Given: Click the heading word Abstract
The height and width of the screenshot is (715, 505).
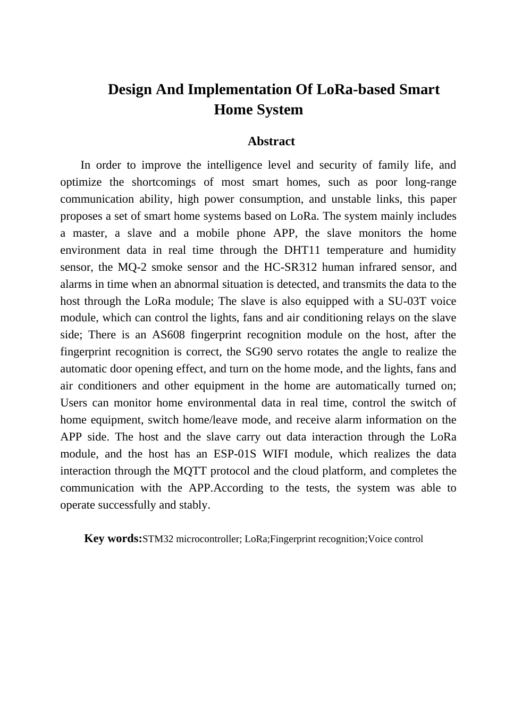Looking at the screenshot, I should tap(271, 142).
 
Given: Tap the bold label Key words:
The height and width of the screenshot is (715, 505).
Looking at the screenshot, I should tap(113, 538).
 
